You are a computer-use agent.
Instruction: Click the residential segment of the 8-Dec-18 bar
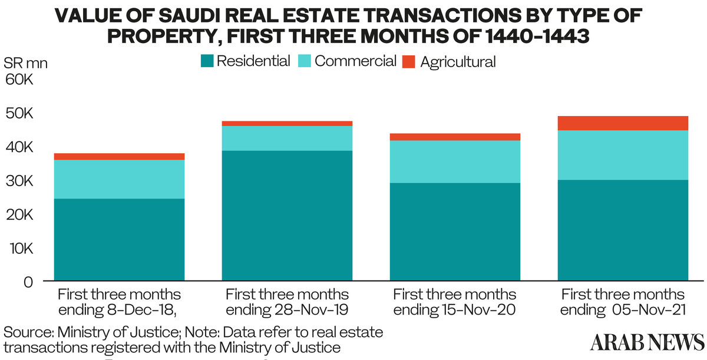point(119,239)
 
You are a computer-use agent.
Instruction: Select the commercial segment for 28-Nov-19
point(287,138)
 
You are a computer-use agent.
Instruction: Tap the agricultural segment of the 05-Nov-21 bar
point(623,123)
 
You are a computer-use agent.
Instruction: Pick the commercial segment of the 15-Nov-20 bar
point(455,161)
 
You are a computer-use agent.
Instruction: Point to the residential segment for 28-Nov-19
point(287,215)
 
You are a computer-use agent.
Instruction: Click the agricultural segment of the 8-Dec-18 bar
point(119,156)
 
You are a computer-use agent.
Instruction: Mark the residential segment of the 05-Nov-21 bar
point(623,229)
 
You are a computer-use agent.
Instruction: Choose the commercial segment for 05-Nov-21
point(623,155)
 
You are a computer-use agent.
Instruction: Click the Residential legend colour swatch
point(206,61)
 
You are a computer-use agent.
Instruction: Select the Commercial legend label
point(355,61)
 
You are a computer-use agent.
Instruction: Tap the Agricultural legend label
point(458,61)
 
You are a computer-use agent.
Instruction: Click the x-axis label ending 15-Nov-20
point(455,302)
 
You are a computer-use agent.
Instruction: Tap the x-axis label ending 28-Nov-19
point(287,302)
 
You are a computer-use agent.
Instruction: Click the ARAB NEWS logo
point(647,342)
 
